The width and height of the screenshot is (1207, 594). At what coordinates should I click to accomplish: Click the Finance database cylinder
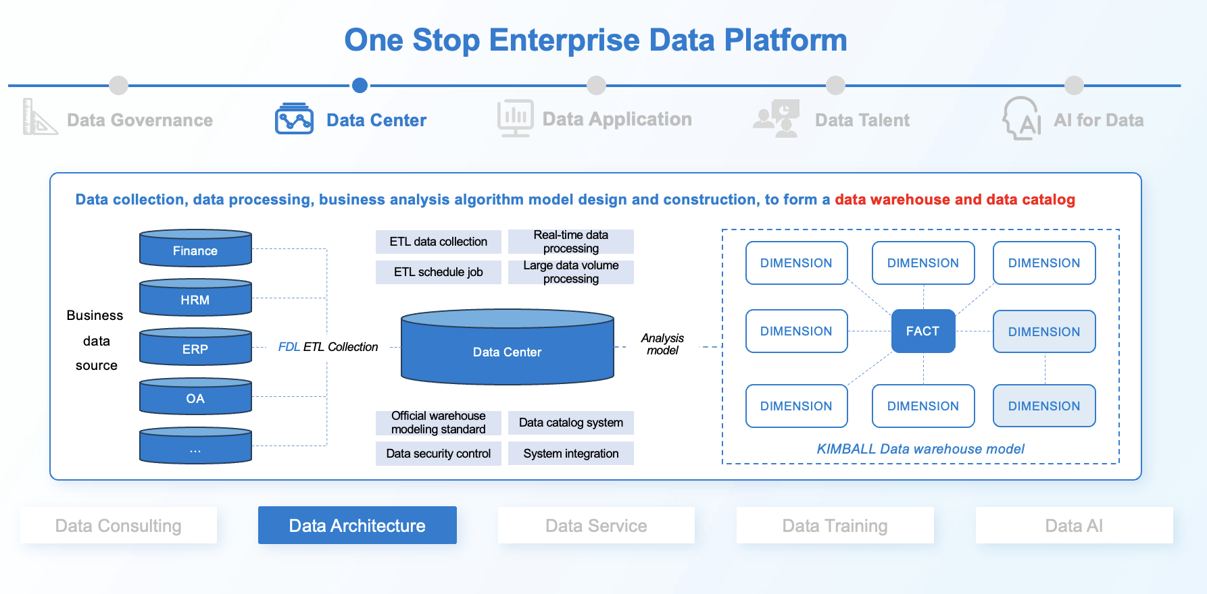pos(195,249)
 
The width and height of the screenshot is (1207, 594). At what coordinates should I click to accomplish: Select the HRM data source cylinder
pos(195,298)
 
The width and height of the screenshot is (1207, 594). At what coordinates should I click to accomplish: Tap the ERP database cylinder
pos(195,348)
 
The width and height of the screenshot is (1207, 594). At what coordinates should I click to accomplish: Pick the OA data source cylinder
pos(195,397)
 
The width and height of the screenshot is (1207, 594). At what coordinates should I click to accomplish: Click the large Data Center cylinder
pos(507,349)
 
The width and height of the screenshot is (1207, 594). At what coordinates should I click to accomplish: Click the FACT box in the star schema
pos(922,331)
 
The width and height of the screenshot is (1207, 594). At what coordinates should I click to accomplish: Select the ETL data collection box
pos(438,242)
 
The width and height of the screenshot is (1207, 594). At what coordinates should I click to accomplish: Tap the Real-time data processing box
pos(570,242)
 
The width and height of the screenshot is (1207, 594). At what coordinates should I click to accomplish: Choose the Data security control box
pos(438,454)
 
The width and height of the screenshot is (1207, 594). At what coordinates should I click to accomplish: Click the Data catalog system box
pos(570,423)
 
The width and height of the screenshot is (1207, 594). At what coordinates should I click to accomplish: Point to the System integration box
pos(570,454)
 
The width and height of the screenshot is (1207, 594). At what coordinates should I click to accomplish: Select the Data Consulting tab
pos(118,525)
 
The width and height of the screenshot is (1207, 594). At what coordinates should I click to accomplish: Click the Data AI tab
pos(1074,525)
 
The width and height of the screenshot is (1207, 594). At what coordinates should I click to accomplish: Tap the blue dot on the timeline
pos(360,85)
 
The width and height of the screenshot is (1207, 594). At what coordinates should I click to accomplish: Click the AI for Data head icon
pos(1022,118)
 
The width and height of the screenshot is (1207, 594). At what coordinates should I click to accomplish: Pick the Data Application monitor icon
pos(516,118)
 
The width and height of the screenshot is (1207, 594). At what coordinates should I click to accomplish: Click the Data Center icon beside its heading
pos(294,119)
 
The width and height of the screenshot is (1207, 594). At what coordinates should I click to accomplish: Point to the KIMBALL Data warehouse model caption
pos(920,449)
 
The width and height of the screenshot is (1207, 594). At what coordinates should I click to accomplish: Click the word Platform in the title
pos(785,40)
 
